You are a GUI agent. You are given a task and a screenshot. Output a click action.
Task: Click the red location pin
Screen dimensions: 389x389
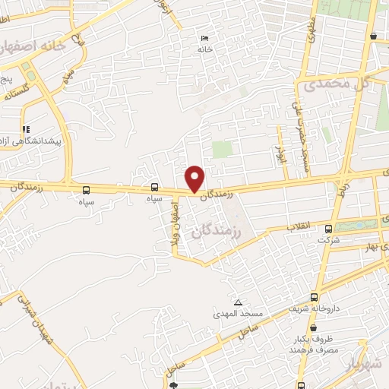195,178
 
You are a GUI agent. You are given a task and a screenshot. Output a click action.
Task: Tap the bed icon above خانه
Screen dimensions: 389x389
204,39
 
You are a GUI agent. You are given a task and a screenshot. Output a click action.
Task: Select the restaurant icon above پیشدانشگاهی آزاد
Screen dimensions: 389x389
27,130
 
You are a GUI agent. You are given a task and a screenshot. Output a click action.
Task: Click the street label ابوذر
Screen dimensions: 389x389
279,155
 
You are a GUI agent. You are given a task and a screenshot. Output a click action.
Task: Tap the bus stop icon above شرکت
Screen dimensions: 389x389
328,229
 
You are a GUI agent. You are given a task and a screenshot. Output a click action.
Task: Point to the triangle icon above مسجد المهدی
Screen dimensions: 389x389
239,302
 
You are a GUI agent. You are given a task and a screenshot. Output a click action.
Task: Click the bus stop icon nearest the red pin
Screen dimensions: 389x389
155,188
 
